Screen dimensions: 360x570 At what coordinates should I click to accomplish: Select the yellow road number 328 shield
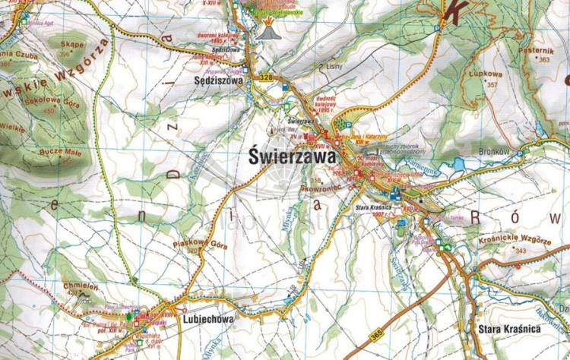point(265,77)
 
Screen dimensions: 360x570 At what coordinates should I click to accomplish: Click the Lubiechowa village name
point(207,320)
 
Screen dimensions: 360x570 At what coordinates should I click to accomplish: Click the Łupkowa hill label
point(486,75)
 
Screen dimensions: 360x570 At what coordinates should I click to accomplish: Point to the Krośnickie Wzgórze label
point(515,239)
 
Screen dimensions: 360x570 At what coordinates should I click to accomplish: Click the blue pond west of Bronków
point(458,163)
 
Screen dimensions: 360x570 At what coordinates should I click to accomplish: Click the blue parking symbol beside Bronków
point(521,153)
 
